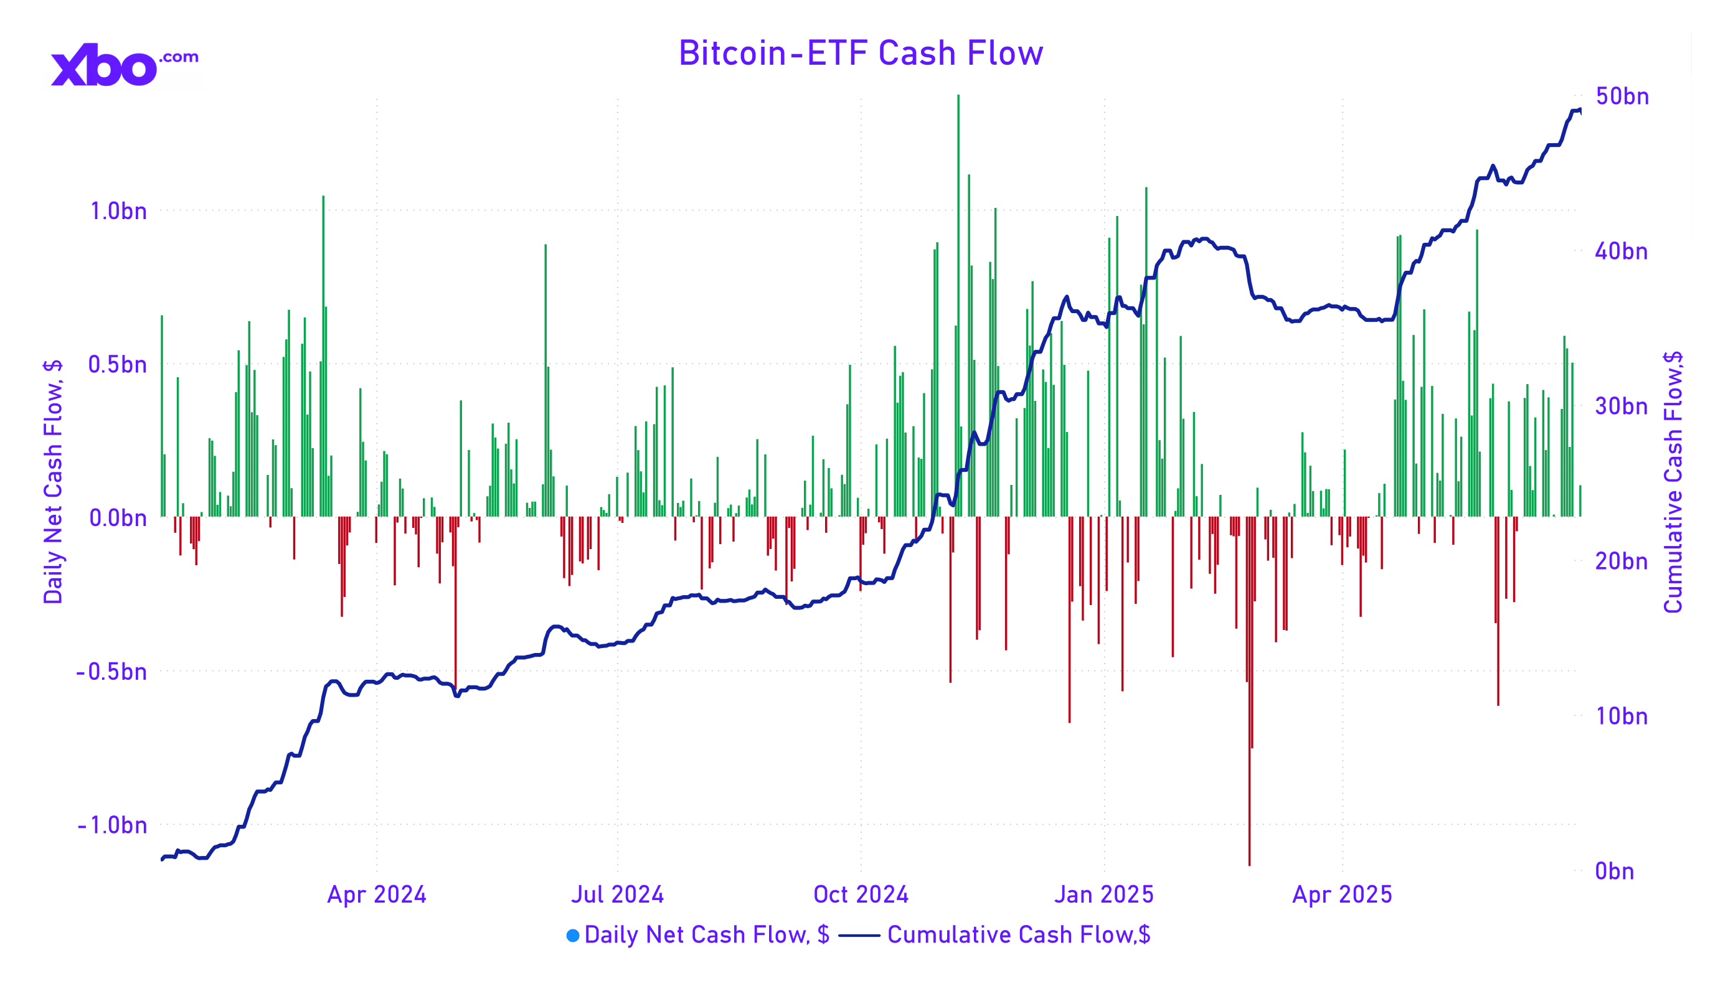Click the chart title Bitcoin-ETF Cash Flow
(860, 54)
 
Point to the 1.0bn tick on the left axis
(118, 211)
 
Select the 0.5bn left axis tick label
(117, 365)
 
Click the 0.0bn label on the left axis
(118, 518)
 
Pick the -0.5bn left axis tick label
(111, 672)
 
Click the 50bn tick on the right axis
(1622, 96)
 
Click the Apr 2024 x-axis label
(376, 895)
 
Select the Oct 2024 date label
(860, 895)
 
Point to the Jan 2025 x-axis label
(1103, 895)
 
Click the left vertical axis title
(53, 482)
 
